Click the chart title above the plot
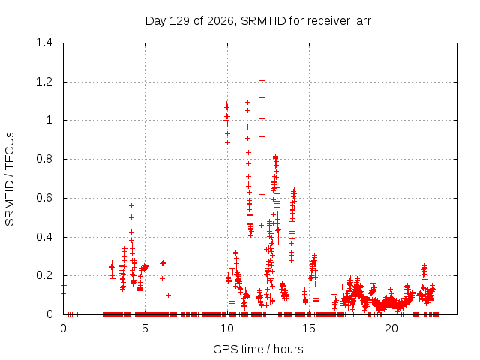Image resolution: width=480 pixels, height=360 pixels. pos(258,21)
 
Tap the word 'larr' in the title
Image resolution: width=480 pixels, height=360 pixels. pos(362,21)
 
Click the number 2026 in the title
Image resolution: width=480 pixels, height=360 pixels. pos(220,21)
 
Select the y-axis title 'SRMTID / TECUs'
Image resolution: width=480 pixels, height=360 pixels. pos(10,179)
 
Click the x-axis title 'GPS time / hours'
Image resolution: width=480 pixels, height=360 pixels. pos(258,349)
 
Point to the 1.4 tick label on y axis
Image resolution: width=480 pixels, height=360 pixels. pos(44,43)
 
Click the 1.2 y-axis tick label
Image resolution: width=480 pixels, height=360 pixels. pos(44,82)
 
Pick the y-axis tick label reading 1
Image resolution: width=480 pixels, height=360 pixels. pos(49,120)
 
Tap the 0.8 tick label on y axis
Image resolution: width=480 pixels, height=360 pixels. pos(44,159)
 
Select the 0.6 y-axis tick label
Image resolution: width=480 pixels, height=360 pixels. pos(44,198)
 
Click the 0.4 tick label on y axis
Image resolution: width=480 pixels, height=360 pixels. pos(44,237)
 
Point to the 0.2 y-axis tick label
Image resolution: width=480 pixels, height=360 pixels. pos(44,275)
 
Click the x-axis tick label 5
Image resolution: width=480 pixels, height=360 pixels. pos(145,328)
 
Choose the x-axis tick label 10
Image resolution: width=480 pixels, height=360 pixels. pos(227,328)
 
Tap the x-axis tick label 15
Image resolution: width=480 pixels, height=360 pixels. pos(309,328)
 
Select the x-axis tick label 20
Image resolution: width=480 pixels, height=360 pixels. pos(391,328)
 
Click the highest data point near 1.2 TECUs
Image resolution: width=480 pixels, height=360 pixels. pos(262,80)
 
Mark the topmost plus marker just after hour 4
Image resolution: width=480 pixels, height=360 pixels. pos(130,199)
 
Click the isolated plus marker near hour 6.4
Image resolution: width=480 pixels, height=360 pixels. pos(168,295)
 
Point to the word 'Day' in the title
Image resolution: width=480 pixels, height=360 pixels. pos(156,21)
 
